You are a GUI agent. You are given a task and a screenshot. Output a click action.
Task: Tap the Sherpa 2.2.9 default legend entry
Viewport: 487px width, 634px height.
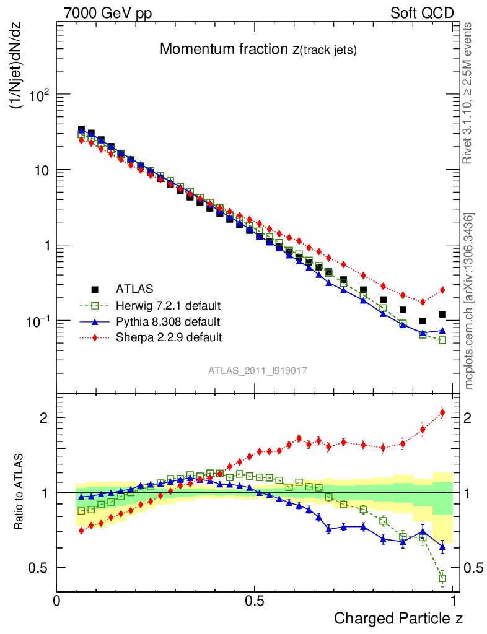click(169, 337)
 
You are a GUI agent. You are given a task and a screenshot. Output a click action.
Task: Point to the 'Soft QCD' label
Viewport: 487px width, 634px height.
click(422, 13)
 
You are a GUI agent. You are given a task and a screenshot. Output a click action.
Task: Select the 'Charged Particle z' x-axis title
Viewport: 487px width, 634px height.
click(398, 618)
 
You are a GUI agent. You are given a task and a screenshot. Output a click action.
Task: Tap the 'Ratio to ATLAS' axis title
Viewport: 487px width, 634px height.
click(20, 493)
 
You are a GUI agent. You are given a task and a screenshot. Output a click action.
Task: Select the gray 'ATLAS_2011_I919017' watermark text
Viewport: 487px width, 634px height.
click(258, 370)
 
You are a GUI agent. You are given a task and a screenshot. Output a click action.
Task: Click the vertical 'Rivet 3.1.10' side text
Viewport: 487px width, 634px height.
click(468, 93)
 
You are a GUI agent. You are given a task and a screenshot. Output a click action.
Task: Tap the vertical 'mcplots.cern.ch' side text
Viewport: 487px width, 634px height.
click(468, 301)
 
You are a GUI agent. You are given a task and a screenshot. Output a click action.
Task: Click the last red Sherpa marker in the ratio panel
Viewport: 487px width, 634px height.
click(442, 412)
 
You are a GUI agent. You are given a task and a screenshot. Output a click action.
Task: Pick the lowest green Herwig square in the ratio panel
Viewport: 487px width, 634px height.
click(442, 578)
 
